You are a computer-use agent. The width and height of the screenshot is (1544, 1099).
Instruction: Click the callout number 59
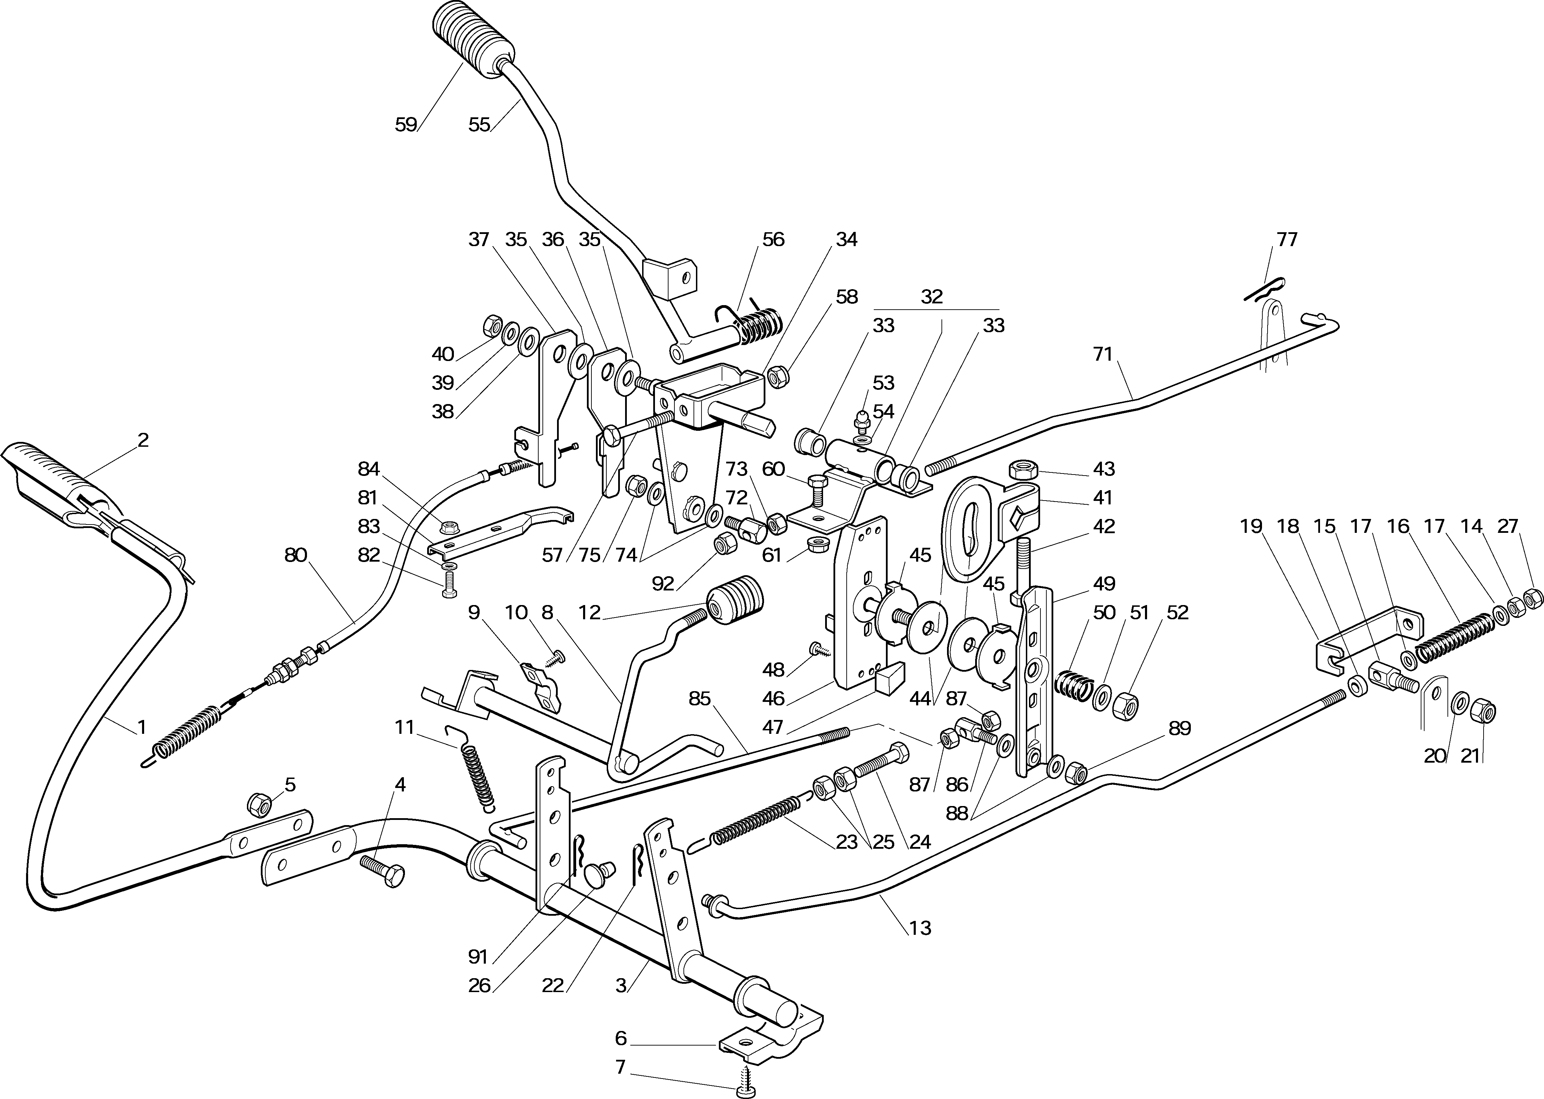click(406, 125)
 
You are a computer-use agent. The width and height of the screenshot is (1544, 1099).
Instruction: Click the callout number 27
click(1508, 526)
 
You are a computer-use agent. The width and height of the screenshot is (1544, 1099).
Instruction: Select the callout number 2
click(143, 440)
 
